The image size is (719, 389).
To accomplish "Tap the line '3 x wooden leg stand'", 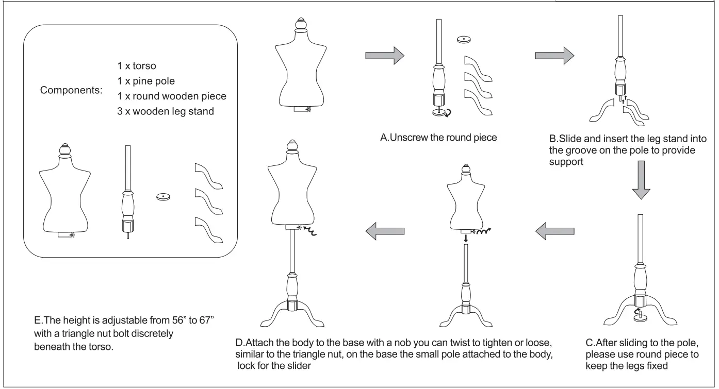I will pos(166,111).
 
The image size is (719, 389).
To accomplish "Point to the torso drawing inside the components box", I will pos(65,193).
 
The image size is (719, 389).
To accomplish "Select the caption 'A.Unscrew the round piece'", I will pos(438,138).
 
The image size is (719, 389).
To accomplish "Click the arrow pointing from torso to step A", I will pos(383,55).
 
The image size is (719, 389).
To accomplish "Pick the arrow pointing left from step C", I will pos(555,233).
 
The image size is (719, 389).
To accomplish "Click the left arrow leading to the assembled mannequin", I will pos(383,233).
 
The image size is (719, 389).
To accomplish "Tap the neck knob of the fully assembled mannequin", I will pos(292,146).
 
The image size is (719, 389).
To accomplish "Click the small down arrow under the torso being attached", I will pos(466,238).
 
